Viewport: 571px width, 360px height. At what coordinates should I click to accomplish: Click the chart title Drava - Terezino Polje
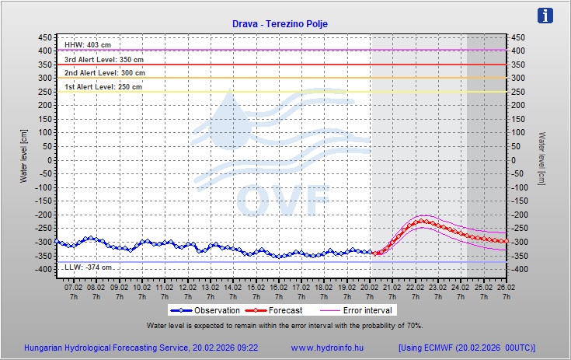(280, 24)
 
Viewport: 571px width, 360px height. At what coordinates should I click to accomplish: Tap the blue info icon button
(546, 16)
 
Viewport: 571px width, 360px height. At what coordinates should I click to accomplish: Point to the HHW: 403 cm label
(88, 45)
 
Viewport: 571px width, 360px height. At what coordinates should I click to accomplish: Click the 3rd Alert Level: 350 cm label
(103, 59)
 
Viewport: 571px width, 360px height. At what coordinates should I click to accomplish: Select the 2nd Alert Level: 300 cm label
(104, 72)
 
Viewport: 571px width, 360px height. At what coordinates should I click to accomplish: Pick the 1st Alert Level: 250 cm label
(103, 86)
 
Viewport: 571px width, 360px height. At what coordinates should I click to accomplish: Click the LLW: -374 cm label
(88, 267)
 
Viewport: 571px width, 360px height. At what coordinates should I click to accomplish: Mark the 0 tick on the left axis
(50, 160)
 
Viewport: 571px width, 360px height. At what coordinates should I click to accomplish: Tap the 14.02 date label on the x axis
(232, 287)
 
